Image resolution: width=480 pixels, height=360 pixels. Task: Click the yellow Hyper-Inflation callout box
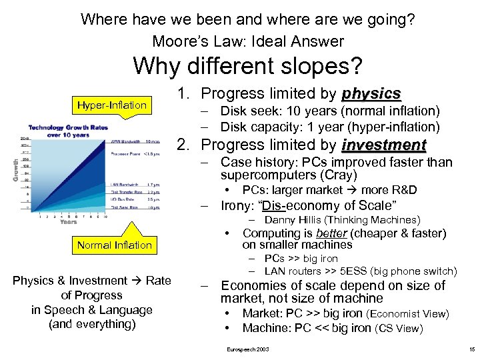pos(111,105)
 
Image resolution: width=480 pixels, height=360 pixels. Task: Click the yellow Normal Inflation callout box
pos(114,245)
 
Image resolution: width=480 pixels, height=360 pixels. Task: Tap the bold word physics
pos(371,93)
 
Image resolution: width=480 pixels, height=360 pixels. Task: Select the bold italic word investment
pos(383,145)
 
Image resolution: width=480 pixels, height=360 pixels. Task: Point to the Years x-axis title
pos(69,221)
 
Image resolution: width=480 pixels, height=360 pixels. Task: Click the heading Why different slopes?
pos(247,66)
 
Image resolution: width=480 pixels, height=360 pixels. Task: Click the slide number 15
pos(471,349)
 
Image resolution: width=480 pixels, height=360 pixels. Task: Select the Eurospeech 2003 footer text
pos(248,349)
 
